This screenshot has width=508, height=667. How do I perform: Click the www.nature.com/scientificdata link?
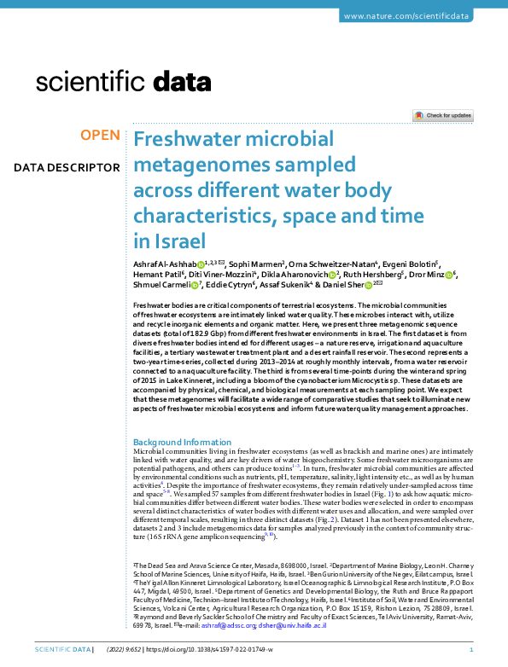[419, 17]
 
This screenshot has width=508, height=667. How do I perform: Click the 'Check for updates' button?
[443, 115]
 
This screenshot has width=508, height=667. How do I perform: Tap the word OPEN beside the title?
[99, 136]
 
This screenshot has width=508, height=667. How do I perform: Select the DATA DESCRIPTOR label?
[67, 167]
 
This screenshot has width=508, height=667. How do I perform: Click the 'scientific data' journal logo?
[124, 83]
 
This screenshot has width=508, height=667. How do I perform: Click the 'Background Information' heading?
[182, 442]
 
